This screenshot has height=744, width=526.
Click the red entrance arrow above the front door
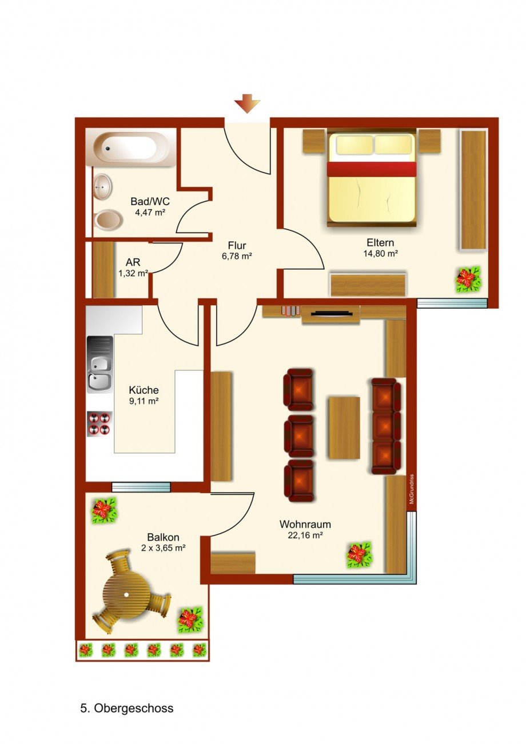tap(247, 105)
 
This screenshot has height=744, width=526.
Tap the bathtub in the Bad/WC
tap(131, 148)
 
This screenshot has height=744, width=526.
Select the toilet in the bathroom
tap(107, 219)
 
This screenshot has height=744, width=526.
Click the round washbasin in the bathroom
tap(103, 186)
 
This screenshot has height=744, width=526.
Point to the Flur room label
tap(237, 246)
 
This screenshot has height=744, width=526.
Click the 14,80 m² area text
tap(380, 253)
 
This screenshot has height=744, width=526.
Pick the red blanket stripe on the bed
tap(371, 169)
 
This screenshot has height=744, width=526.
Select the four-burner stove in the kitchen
tap(99, 423)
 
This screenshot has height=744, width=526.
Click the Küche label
tap(144, 390)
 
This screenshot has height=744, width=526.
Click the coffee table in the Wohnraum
tap(344, 427)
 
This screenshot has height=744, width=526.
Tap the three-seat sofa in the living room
tap(386, 426)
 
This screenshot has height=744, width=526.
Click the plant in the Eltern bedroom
tap(468, 279)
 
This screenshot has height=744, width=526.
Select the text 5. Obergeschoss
tap(126, 709)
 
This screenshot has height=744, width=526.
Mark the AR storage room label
tap(133, 262)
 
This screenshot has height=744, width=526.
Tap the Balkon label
tap(163, 537)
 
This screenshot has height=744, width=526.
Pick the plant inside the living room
tap(358, 554)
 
